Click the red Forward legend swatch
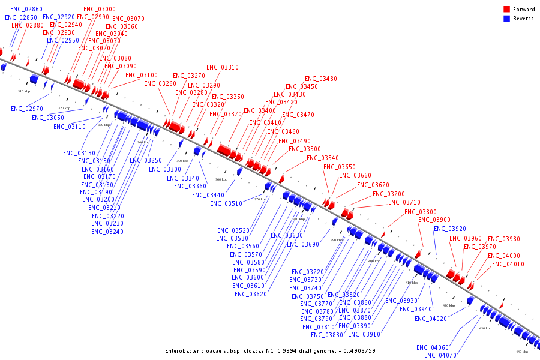[506, 10]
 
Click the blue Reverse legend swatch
[506, 19]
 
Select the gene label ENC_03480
[320, 79]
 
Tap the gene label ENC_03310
[223, 67]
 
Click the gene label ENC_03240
[107, 232]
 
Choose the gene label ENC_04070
[440, 355]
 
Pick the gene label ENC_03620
[251, 294]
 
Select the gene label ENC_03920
[450, 229]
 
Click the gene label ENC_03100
[142, 75]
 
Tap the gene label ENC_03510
[226, 203]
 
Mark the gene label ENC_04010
[508, 264]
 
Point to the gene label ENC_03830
[327, 335]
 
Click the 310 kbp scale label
[24, 91]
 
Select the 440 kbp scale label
[522, 352]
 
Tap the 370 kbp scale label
[260, 199]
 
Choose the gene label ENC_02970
[27, 109]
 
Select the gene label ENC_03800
[421, 212]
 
